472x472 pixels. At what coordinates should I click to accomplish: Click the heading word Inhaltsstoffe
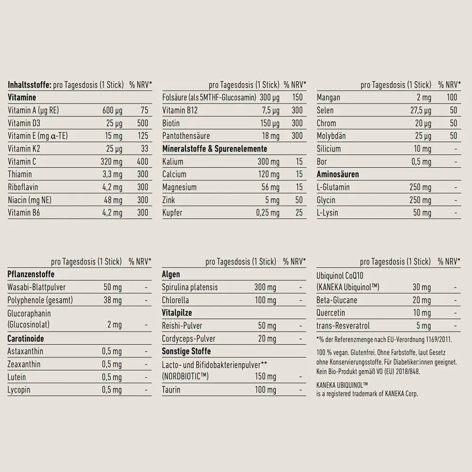click(29, 85)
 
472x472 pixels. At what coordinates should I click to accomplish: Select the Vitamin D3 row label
click(24, 123)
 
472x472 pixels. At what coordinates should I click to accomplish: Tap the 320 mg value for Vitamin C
click(112, 161)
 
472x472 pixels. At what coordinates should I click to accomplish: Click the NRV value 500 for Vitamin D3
click(142, 123)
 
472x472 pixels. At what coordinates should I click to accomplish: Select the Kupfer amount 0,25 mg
click(268, 212)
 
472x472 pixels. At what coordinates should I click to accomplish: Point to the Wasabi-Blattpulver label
click(37, 287)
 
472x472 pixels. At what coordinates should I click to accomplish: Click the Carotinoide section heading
click(26, 338)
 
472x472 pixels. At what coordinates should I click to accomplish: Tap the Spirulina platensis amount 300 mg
click(265, 287)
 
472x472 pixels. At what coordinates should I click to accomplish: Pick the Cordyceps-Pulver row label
click(189, 338)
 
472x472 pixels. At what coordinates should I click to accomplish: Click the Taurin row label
click(171, 390)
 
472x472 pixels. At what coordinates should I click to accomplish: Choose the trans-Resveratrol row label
click(344, 326)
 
